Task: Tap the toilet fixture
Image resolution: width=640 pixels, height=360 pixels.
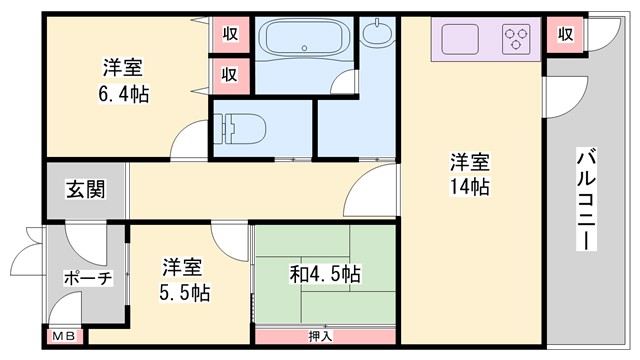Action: click(x=240, y=128)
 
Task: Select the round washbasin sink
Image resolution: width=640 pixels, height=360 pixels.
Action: click(x=378, y=35)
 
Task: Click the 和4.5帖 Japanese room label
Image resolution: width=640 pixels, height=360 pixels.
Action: click(x=325, y=273)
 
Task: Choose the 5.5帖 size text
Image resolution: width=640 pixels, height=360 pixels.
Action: click(x=186, y=293)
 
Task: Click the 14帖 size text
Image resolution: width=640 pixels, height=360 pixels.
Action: click(x=468, y=187)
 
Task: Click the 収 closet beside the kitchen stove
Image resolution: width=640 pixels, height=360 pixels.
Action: click(x=566, y=34)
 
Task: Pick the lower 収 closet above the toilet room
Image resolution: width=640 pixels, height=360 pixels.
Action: click(x=230, y=73)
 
